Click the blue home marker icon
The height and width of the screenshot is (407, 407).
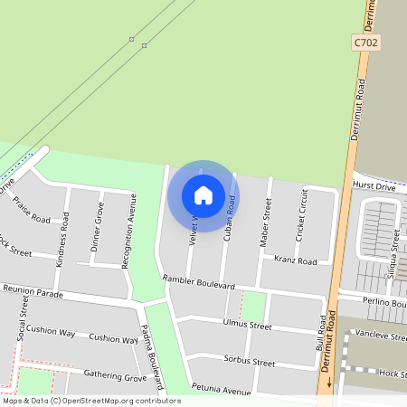pos(203,195)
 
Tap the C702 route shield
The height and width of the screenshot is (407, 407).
pos(364,43)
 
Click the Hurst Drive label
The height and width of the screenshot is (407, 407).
pos(374,186)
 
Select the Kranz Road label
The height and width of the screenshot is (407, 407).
pos(295,260)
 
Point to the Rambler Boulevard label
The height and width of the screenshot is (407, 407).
pos(198,282)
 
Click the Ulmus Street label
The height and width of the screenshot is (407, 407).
pos(247,324)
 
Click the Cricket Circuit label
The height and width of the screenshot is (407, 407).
pos(302,214)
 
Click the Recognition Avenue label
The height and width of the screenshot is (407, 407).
pos(128,232)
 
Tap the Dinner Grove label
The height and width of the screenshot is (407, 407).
pos(97,227)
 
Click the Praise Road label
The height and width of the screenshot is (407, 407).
pos(33,212)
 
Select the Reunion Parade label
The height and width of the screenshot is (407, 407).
pos(33,291)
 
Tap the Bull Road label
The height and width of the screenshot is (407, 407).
pos(319,334)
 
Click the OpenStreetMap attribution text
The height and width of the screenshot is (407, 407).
pos(91,401)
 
